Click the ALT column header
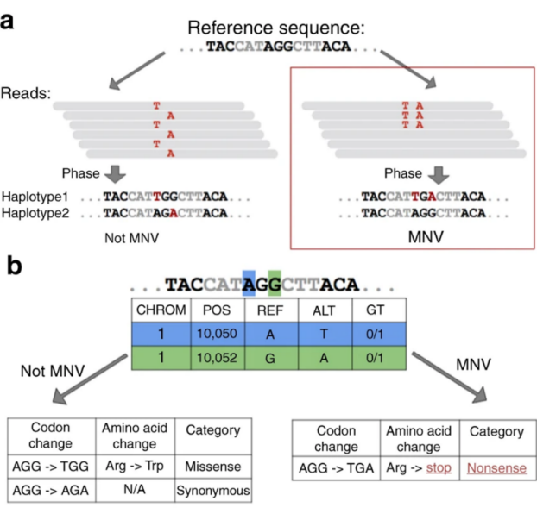tap(323, 310)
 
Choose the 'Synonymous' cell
tap(213, 491)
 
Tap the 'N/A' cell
tap(135, 491)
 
